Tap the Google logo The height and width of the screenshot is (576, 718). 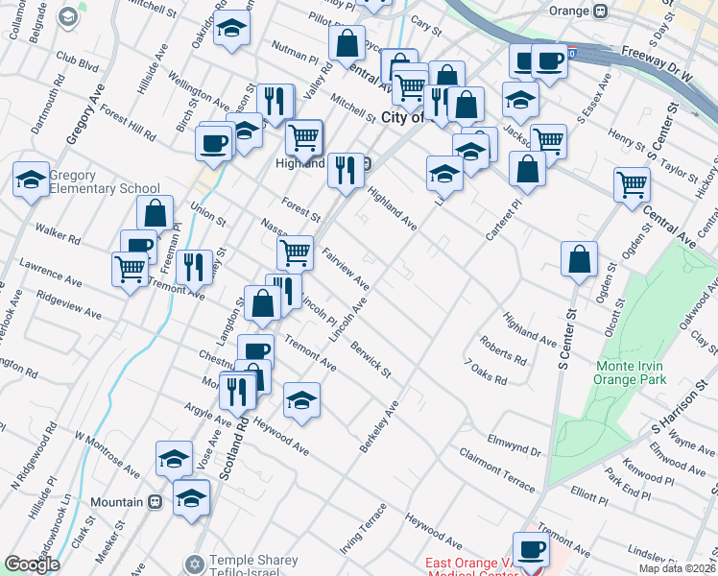(x=32, y=564)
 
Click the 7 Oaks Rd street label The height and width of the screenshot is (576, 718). (x=485, y=372)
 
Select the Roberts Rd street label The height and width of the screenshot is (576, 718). (x=503, y=350)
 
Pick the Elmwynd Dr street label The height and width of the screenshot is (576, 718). (x=515, y=445)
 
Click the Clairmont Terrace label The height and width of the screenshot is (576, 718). (x=496, y=468)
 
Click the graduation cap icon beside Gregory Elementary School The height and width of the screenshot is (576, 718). (x=31, y=180)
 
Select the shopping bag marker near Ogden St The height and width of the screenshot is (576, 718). (x=580, y=258)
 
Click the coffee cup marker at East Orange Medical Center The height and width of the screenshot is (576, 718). (x=530, y=549)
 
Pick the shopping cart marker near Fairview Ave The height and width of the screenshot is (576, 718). (x=296, y=252)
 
